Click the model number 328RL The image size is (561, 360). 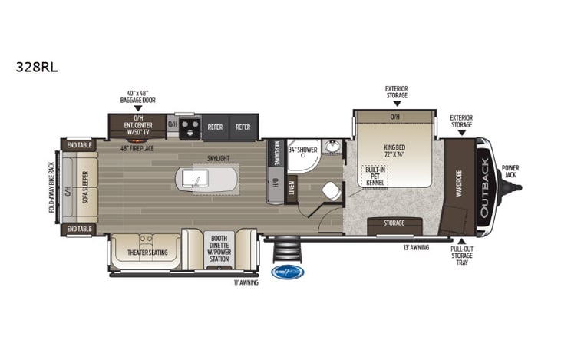(37, 67)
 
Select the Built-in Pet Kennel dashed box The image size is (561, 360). (375, 177)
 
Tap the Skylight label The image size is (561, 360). (217, 158)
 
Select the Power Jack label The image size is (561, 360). (510, 170)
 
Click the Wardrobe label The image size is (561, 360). (459, 183)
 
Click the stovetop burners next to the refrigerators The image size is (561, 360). (190, 127)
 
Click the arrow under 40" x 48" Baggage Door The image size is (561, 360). (137, 107)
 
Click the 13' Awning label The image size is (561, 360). (417, 247)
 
